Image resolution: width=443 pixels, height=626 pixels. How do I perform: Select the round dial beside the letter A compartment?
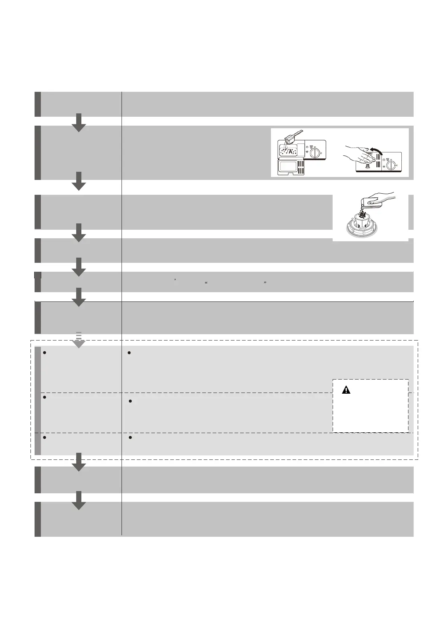315,152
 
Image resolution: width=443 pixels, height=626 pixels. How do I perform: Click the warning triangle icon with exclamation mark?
346,390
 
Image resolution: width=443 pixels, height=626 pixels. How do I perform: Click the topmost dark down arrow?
78,123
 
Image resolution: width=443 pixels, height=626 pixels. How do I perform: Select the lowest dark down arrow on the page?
78,501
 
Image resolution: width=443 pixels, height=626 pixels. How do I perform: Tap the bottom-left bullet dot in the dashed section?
44,438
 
